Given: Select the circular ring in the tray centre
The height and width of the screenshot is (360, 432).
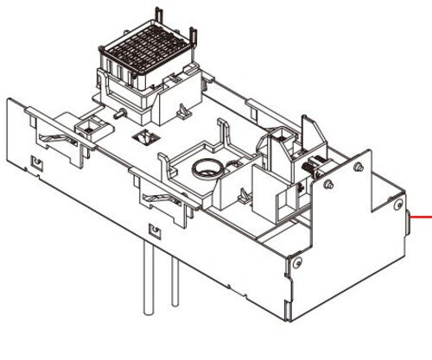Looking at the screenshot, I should pyautogui.click(x=206, y=169).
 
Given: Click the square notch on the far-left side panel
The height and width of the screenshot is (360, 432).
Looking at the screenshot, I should pyautogui.click(x=36, y=161).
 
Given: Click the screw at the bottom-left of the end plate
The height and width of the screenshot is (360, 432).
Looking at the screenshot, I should pyautogui.click(x=298, y=262).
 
